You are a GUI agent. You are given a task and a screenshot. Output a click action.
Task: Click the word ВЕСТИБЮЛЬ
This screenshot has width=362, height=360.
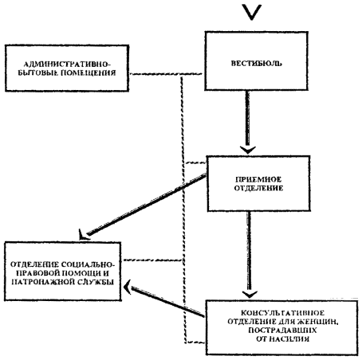[x=256, y=64]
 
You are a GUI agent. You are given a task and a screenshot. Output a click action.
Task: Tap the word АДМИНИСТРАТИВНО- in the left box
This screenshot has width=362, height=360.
[x=67, y=65]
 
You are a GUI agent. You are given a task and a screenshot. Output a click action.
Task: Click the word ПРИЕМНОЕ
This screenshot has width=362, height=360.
[x=258, y=180]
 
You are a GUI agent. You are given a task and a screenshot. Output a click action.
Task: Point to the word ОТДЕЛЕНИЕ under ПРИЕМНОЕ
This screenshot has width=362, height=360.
[x=258, y=188]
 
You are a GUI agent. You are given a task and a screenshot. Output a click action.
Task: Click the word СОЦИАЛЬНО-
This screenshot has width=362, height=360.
[x=88, y=264]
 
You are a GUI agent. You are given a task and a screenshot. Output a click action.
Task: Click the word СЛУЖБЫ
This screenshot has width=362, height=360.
[x=96, y=282]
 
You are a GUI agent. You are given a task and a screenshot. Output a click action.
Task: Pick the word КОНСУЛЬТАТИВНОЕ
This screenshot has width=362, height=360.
[x=282, y=313]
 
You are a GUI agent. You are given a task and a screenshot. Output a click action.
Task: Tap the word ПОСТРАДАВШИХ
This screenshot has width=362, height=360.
[x=282, y=331]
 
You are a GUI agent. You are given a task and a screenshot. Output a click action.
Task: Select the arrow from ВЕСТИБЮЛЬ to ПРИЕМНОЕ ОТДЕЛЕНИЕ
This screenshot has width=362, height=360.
[x=247, y=122]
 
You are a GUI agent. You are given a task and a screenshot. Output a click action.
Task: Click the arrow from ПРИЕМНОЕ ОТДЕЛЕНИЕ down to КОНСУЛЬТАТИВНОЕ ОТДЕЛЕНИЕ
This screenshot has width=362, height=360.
[x=249, y=254]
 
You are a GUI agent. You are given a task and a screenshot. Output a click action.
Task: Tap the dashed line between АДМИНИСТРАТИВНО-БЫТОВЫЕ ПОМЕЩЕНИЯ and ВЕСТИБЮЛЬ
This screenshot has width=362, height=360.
[x=167, y=74]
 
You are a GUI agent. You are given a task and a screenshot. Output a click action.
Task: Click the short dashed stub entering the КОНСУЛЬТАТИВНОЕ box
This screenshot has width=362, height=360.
[x=195, y=342]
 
